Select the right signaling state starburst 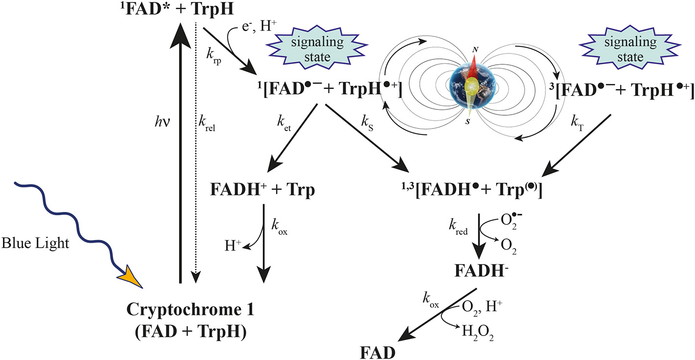(x=637, y=50)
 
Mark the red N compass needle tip (x=474, y=57)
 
